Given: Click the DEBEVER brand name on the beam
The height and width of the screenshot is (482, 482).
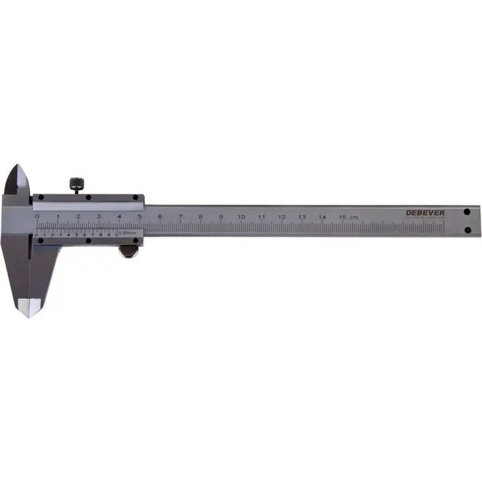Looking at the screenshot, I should point(425,213).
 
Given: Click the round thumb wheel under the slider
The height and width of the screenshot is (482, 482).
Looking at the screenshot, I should point(129,251).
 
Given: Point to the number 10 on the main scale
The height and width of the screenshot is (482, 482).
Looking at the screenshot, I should point(241,217).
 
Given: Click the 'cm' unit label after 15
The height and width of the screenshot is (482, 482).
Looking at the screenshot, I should point(355,217).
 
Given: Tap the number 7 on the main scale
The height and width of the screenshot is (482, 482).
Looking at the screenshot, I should point(180,217).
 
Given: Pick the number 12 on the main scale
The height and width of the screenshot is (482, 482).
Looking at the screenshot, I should point(281,217).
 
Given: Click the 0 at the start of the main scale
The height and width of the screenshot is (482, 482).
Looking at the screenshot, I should point(37,217).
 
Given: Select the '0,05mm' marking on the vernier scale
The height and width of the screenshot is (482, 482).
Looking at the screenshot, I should point(127,233).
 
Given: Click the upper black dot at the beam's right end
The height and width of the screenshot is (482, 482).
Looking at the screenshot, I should point(467,211).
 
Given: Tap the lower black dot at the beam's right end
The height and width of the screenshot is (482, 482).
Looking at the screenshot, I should point(467,230).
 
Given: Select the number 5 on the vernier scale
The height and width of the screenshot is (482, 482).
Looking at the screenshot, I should point(76,235).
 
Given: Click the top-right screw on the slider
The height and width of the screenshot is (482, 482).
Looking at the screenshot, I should point(136,198).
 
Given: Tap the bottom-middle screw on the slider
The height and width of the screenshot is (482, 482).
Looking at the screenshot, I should point(88,241).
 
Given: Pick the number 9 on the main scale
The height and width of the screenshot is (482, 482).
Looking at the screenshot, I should point(220,217).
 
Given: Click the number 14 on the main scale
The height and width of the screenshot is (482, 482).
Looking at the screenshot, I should point(322,217).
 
